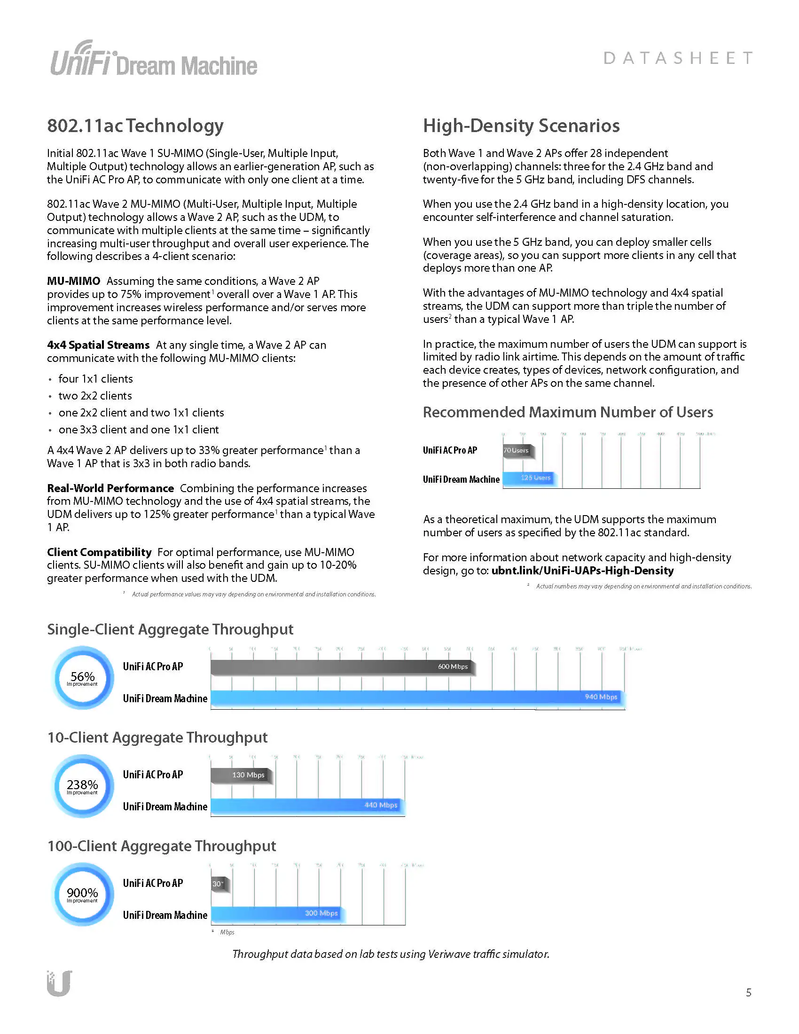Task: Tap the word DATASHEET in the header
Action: click(678, 58)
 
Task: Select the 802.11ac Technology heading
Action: click(135, 125)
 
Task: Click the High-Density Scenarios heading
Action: click(521, 125)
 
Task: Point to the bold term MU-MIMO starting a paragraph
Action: click(73, 281)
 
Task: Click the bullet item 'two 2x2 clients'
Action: click(95, 396)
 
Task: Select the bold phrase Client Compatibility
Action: click(99, 552)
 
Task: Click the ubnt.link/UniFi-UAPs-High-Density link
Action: click(582, 571)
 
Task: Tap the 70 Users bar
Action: click(517, 450)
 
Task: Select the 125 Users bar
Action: click(529, 478)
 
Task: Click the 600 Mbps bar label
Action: click(453, 666)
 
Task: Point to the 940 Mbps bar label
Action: click(601, 697)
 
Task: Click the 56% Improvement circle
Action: click(82, 678)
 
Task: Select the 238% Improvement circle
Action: click(82, 786)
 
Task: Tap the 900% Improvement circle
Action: click(82, 894)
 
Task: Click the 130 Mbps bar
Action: click(241, 775)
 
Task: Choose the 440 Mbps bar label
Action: click(381, 805)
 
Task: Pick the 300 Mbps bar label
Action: click(321, 913)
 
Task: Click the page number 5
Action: click(748, 993)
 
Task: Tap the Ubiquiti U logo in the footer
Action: click(59, 984)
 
